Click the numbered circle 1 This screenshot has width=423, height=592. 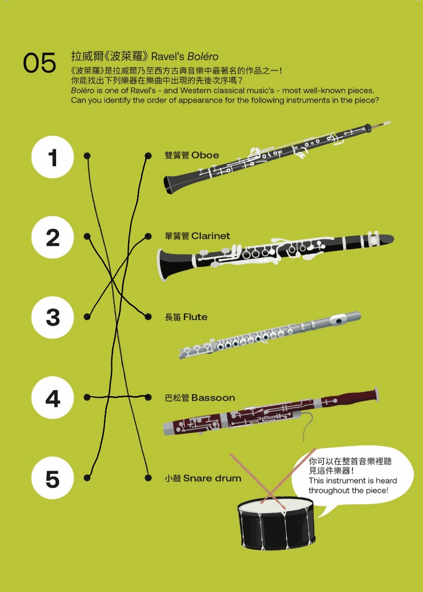[x=53, y=157]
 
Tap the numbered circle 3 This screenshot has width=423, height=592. [x=53, y=317]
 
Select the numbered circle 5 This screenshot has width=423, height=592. [x=53, y=478]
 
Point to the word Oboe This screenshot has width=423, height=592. [x=205, y=155]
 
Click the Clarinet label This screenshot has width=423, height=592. [x=211, y=236]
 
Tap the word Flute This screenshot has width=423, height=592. [x=195, y=317]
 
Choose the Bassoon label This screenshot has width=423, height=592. [x=213, y=398]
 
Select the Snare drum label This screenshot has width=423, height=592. [x=212, y=478]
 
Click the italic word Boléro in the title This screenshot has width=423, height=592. [x=203, y=56]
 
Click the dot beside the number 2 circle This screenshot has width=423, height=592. [x=87, y=236]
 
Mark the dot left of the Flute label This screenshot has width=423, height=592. [x=148, y=317]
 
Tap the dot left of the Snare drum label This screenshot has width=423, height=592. [x=148, y=478]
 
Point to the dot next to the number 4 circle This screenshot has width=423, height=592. [x=87, y=397]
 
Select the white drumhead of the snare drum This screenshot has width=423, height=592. [x=276, y=504]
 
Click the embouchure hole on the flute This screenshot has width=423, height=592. [x=339, y=321]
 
